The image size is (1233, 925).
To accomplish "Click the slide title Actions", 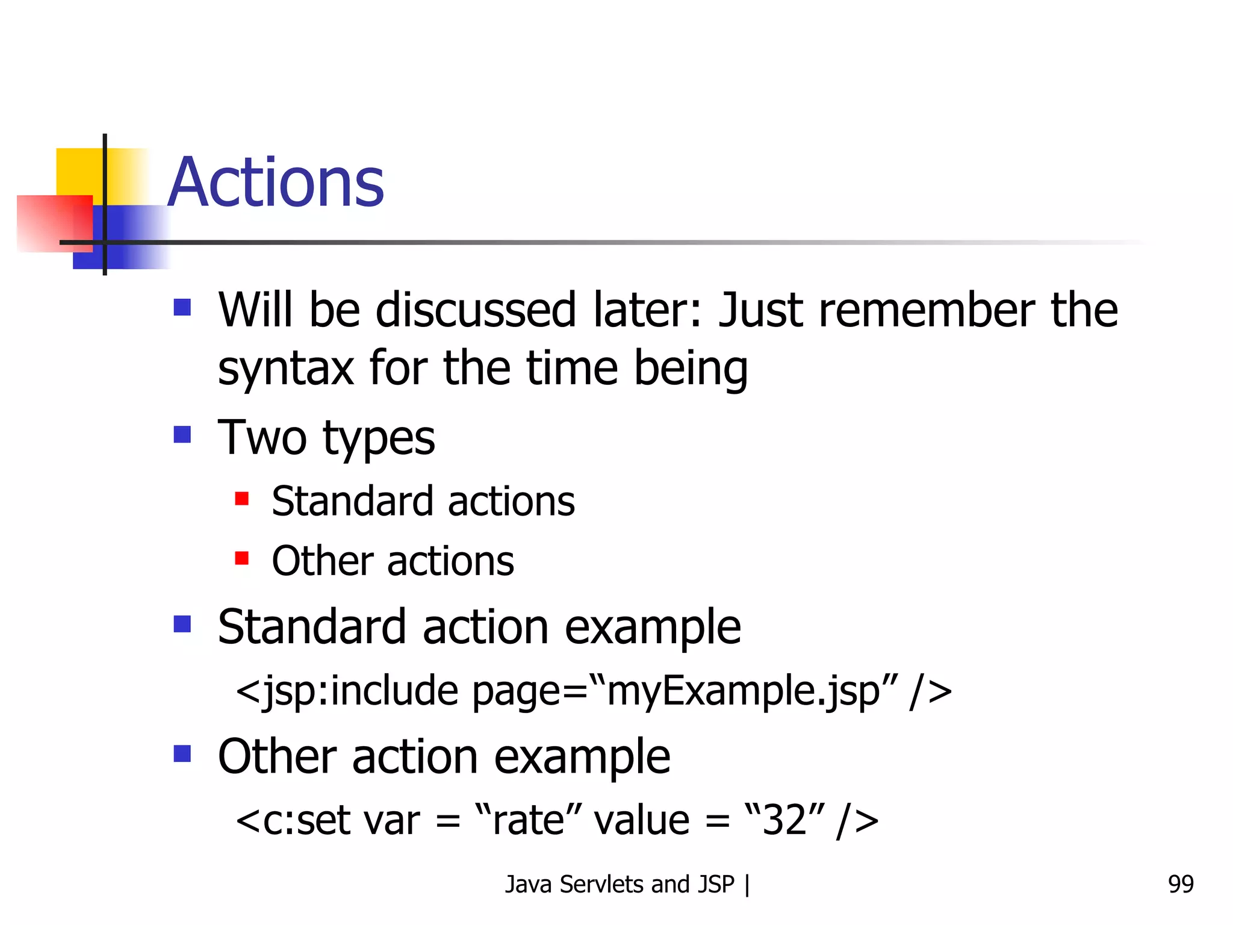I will point(276,182).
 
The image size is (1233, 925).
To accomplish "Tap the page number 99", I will point(1181,884).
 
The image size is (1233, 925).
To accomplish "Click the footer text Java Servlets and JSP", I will point(620,885).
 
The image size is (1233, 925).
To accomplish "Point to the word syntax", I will point(285,368).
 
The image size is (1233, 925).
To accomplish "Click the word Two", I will point(262,438).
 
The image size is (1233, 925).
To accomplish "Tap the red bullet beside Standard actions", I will point(242,499).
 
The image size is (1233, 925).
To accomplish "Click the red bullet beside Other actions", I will point(242,558).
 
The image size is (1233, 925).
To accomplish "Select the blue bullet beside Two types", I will point(182,434).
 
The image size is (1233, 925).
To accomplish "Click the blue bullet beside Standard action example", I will point(182,624).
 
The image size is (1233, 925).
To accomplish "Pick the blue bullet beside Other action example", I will point(182,753).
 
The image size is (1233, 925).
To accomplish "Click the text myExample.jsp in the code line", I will point(743,691).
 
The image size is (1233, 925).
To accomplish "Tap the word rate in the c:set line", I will point(527,821).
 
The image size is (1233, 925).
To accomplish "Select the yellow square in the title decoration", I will point(79,171).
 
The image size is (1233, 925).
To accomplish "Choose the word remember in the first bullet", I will point(927,310).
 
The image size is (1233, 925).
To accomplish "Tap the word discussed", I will point(476,310).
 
